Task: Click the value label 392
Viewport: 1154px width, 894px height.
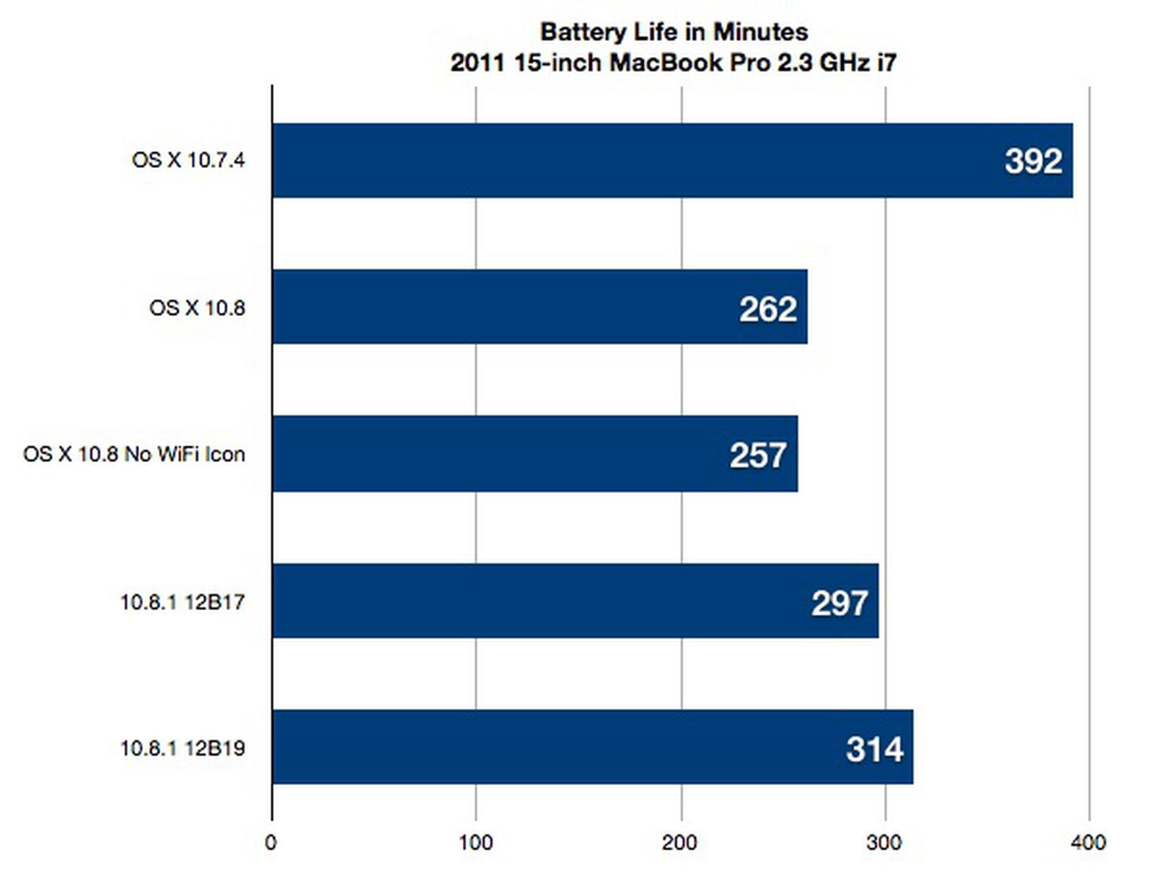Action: pos(1033,161)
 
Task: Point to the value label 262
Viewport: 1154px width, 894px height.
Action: pos(767,309)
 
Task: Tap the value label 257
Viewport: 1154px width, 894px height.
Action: pos(757,455)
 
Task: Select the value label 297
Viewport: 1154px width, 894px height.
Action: pos(839,603)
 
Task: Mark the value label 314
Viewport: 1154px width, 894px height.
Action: pos(874,749)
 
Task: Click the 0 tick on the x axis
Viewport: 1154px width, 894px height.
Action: pos(270,842)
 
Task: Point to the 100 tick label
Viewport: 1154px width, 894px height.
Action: pos(475,842)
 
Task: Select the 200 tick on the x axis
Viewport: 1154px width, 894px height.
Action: pos(679,842)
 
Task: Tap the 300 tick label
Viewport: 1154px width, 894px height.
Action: pos(884,842)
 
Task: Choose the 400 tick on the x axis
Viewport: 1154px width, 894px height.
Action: pos(1088,842)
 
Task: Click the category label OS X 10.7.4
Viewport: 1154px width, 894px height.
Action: pos(188,160)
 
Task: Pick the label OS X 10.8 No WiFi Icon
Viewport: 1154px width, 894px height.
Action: pos(134,454)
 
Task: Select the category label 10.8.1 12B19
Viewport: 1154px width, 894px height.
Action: pos(182,748)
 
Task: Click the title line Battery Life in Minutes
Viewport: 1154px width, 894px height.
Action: pos(674,32)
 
